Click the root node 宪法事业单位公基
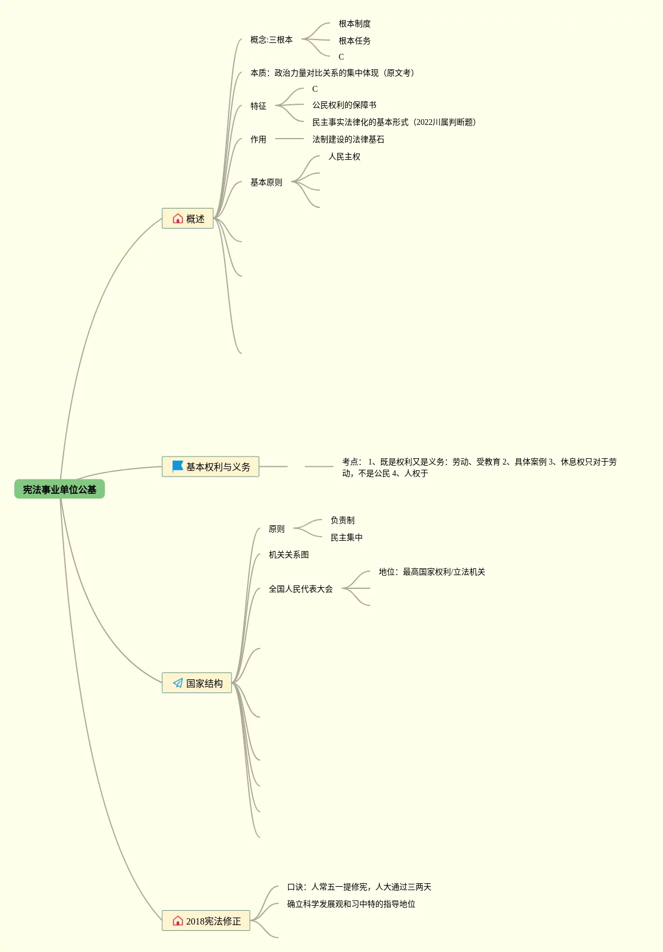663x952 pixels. (x=60, y=489)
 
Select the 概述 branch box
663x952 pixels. (x=188, y=218)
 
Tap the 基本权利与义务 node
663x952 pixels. (x=210, y=467)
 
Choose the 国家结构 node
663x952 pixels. (x=197, y=683)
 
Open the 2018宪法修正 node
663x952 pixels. (x=206, y=920)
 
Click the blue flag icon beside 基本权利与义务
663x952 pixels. (x=178, y=467)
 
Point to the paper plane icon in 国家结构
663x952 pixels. (x=178, y=683)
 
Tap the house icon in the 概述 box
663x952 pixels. (x=178, y=218)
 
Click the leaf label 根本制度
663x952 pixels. (x=354, y=23)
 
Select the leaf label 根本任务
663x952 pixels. (x=354, y=41)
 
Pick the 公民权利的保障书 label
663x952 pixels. (x=344, y=105)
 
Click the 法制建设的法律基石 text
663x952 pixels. (x=348, y=139)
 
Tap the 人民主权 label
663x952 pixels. (x=344, y=156)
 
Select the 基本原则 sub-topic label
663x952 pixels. (x=266, y=182)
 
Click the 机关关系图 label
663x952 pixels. (x=288, y=554)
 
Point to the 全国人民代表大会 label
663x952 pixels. (x=300, y=589)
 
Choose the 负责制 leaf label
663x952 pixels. (x=342, y=520)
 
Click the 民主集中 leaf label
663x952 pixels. (x=346, y=537)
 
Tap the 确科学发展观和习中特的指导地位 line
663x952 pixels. (x=351, y=904)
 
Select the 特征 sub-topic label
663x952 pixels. (x=258, y=106)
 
